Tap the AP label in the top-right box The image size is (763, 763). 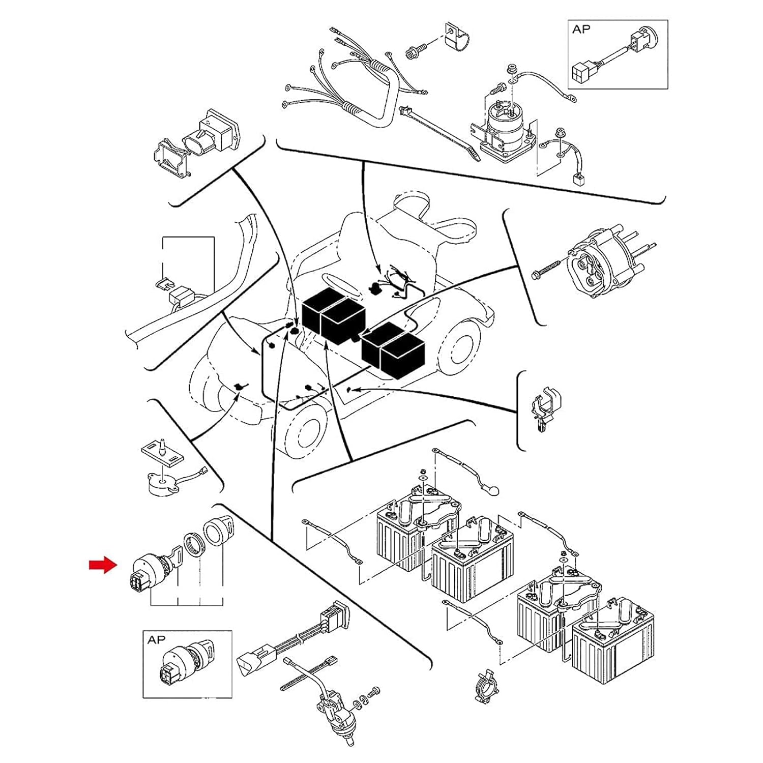tap(581, 30)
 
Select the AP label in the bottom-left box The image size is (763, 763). tap(156, 640)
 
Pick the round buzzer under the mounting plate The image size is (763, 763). tap(162, 483)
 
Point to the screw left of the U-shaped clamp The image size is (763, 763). tap(411, 51)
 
